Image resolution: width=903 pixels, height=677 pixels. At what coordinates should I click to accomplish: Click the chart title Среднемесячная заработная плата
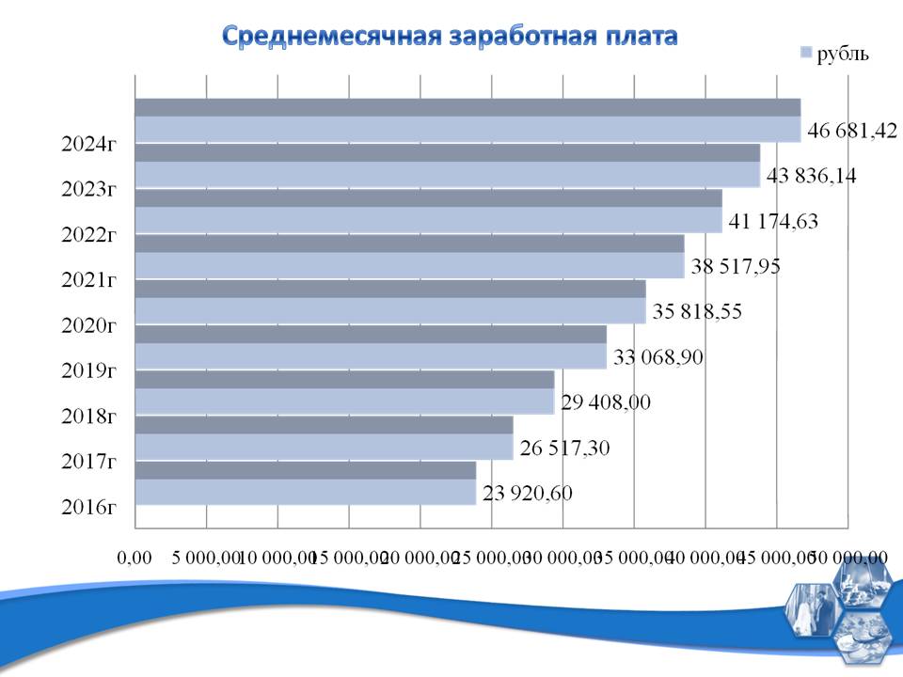450,37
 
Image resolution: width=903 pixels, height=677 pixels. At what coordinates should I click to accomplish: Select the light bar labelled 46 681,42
467,130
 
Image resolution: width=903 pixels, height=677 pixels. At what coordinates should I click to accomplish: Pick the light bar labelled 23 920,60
306,492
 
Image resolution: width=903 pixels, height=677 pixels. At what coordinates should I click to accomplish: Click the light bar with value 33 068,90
371,356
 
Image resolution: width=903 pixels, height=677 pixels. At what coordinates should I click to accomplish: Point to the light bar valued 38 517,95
409,266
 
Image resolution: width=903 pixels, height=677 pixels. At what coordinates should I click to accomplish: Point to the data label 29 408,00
606,402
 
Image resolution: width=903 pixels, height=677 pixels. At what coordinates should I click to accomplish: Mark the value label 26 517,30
564,449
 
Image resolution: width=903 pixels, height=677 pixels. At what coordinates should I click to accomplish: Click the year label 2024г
88,145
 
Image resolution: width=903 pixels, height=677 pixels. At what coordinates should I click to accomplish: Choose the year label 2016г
88,508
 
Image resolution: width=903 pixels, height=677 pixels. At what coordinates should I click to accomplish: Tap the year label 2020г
88,327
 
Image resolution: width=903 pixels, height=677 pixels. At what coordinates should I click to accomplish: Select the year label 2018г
88,417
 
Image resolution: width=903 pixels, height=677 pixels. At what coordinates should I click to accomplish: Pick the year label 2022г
88,236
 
